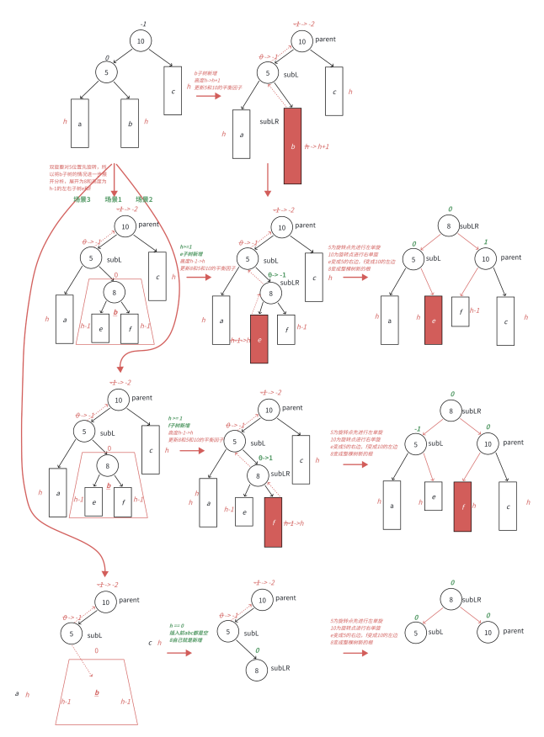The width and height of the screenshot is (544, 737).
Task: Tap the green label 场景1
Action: click(113, 199)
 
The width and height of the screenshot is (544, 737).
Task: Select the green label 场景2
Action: click(144, 199)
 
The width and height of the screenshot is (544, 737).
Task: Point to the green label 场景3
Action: click(81, 199)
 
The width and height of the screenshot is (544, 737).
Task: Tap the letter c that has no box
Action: click(150, 643)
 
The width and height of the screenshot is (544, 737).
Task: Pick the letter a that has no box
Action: click(17, 693)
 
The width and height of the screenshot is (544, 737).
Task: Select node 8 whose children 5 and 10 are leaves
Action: click(451, 600)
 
